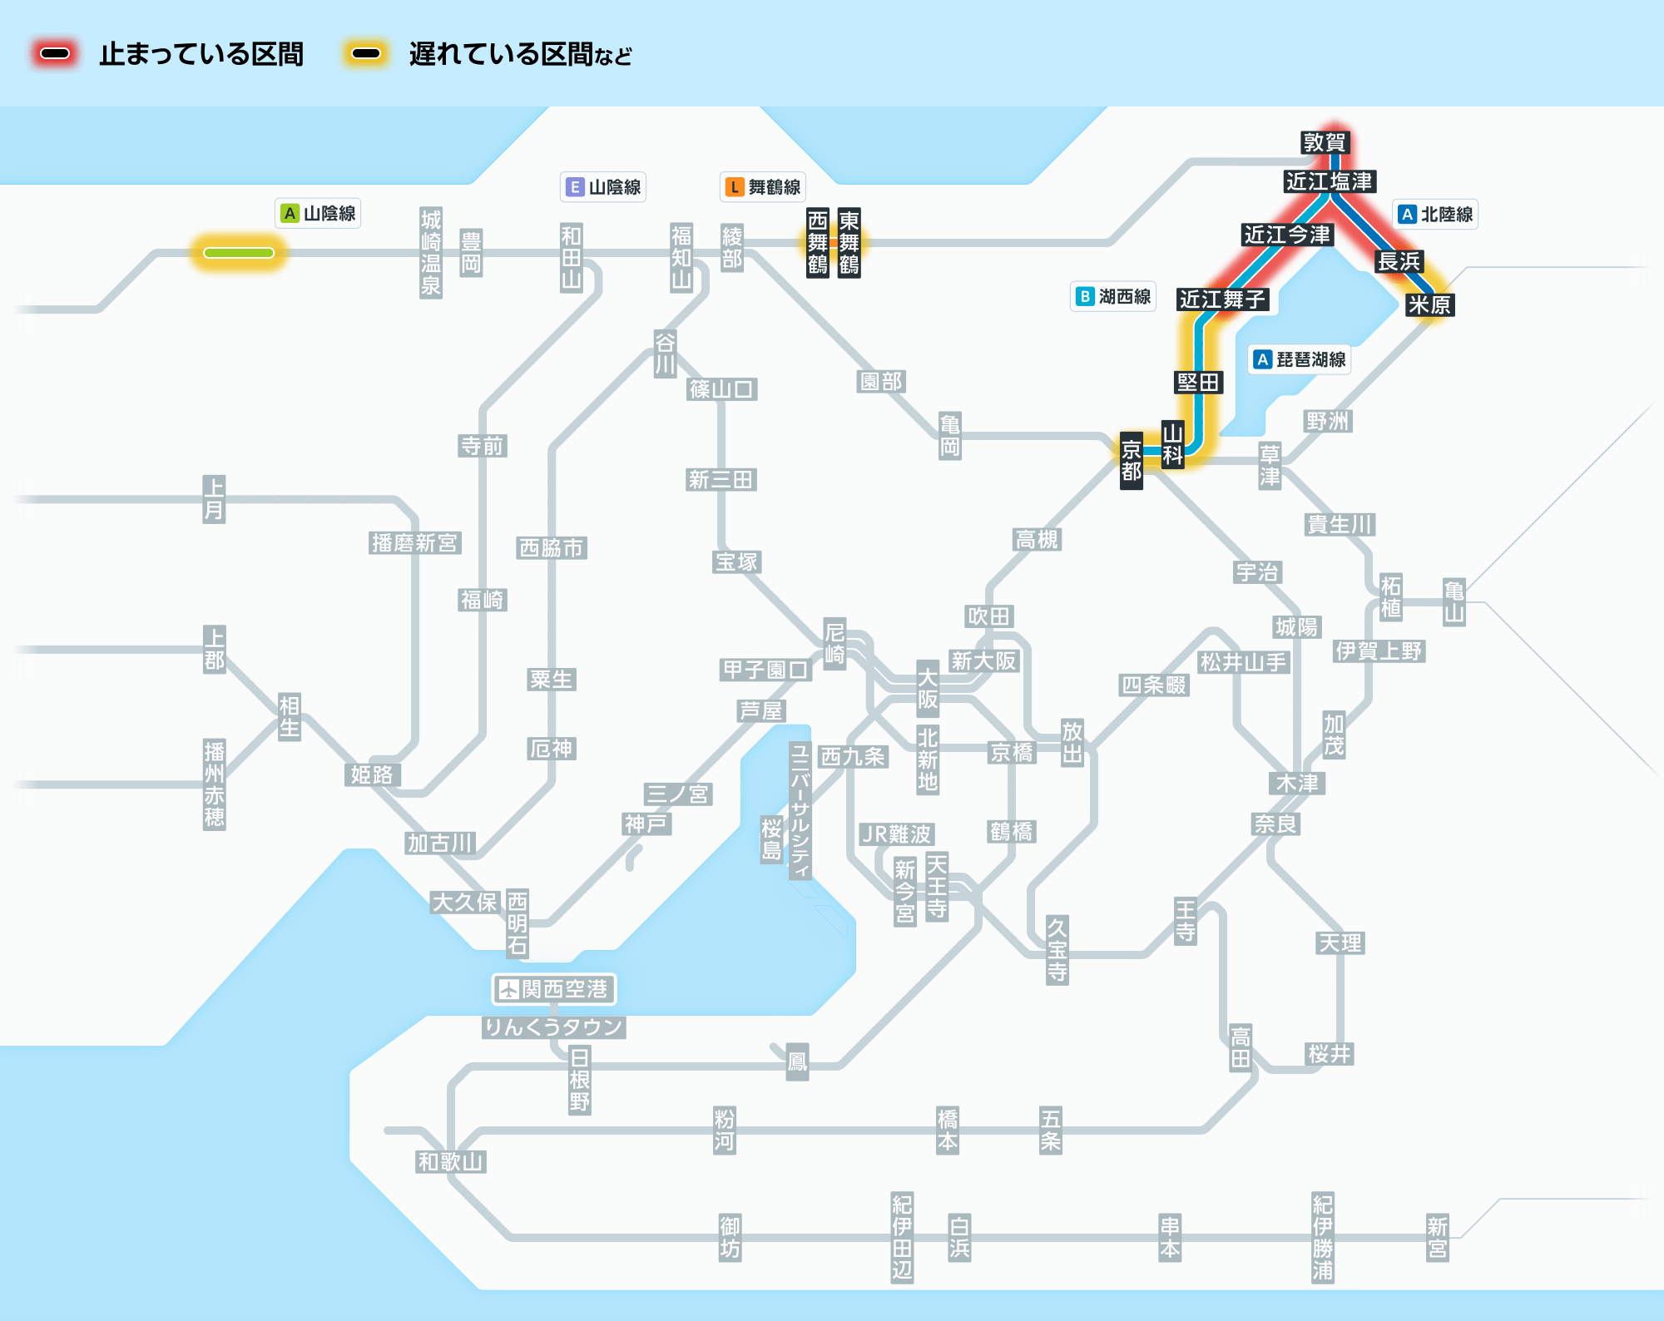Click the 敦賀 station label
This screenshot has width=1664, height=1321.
point(1324,142)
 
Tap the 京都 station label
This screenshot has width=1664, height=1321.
point(1131,461)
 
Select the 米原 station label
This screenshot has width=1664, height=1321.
point(1429,304)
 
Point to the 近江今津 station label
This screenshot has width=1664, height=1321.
point(1287,235)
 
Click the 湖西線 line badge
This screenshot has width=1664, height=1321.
point(1113,296)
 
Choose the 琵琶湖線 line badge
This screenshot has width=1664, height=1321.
point(1300,359)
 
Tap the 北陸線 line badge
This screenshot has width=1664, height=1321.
point(1435,214)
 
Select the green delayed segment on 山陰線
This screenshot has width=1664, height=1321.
point(239,253)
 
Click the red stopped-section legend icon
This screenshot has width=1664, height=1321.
point(55,54)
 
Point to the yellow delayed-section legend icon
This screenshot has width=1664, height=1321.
point(366,54)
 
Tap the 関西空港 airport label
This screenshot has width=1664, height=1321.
point(554,989)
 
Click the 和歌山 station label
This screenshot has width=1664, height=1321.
point(451,1162)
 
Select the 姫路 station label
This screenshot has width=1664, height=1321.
point(372,775)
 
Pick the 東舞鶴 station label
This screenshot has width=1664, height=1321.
point(849,242)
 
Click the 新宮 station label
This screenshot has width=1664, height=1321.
point(1438,1238)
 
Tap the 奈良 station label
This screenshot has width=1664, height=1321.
point(1275,824)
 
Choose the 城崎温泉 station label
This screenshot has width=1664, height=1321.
point(431,253)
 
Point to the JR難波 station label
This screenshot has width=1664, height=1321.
point(896,834)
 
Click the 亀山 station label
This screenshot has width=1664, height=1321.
point(1454,602)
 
